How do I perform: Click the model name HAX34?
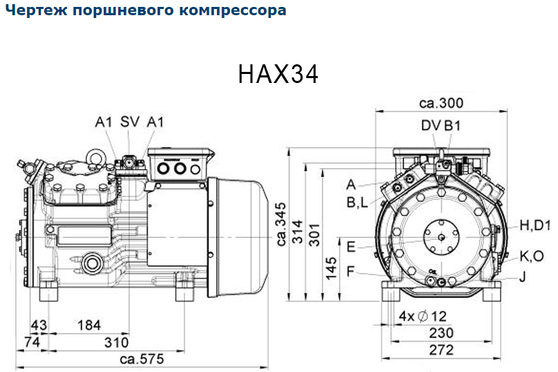pyautogui.click(x=278, y=74)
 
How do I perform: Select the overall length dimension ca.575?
pyautogui.click(x=142, y=359)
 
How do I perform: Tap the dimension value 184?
pyautogui.click(x=89, y=325)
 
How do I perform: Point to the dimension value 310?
pyautogui.click(x=117, y=342)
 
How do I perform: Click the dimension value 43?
pyautogui.click(x=39, y=325)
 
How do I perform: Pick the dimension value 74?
pyautogui.click(x=32, y=342)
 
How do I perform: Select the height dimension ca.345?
pyautogui.click(x=281, y=224)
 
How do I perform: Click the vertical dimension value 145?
pyautogui.click(x=331, y=268)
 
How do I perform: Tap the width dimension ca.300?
pyautogui.click(x=441, y=103)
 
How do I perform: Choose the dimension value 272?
pyautogui.click(x=441, y=350)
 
